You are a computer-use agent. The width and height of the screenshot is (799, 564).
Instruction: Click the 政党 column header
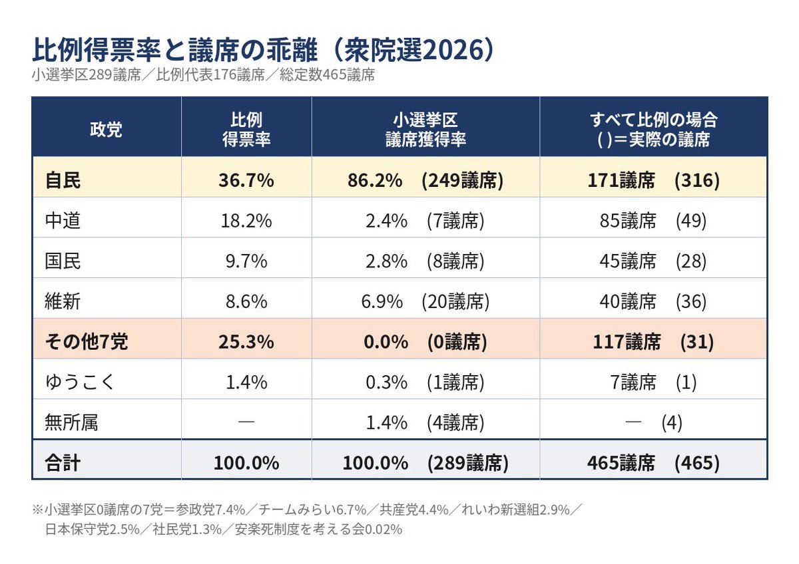click(106, 129)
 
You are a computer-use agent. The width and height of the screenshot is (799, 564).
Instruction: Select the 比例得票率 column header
click(246, 129)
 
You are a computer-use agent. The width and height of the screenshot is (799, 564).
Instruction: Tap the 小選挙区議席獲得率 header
click(425, 129)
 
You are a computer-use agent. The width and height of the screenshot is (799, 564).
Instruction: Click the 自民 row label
click(63, 180)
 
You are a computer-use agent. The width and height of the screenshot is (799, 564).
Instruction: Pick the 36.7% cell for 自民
click(246, 180)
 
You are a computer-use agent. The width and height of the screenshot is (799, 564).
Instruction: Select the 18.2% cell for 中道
click(246, 221)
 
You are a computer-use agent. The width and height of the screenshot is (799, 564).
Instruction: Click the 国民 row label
click(63, 261)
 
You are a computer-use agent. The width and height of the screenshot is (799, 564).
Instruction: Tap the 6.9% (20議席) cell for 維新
click(425, 301)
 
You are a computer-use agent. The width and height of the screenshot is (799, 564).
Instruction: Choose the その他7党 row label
click(87, 342)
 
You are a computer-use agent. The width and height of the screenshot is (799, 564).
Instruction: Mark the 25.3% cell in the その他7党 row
click(246, 342)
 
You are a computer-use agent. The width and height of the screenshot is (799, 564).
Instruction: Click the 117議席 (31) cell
click(653, 342)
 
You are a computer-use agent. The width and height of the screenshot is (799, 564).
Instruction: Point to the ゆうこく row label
click(79, 382)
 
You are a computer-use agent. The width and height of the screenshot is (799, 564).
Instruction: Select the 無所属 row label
click(71, 422)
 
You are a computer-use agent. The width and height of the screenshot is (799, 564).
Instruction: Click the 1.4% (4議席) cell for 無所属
click(425, 422)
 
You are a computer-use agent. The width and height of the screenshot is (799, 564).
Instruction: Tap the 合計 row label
click(63, 463)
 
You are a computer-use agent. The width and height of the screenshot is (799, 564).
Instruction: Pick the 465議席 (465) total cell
click(653, 463)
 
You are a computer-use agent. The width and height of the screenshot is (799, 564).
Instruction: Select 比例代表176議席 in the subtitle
click(210, 74)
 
